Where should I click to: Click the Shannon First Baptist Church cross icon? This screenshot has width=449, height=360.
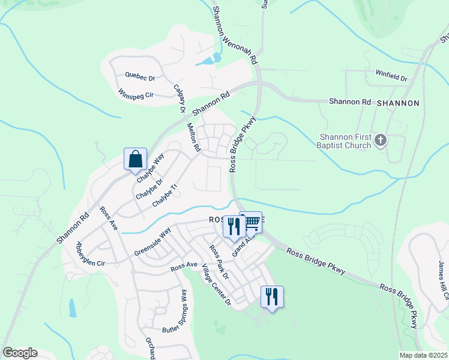click(x=379, y=141)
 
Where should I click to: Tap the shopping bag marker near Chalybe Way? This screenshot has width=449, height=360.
click(x=136, y=159)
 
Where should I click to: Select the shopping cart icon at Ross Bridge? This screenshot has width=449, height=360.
click(x=252, y=222)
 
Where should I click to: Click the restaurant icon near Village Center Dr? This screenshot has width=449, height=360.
click(x=272, y=296)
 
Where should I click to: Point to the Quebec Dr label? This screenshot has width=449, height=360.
click(x=140, y=77)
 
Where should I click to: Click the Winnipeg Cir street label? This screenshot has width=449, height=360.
click(x=136, y=95)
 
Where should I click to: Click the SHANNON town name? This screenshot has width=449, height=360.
click(x=398, y=103)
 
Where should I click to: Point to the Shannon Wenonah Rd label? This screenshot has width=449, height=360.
click(x=235, y=36)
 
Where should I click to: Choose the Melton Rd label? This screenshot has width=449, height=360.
click(x=193, y=137)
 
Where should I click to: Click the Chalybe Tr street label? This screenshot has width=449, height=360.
click(x=166, y=196)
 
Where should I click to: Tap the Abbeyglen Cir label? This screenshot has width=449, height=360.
click(x=90, y=254)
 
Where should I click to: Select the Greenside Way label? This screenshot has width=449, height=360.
click(x=152, y=242)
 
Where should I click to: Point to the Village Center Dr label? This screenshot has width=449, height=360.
click(x=217, y=284)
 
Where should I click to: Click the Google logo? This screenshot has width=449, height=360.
click(x=20, y=353)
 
